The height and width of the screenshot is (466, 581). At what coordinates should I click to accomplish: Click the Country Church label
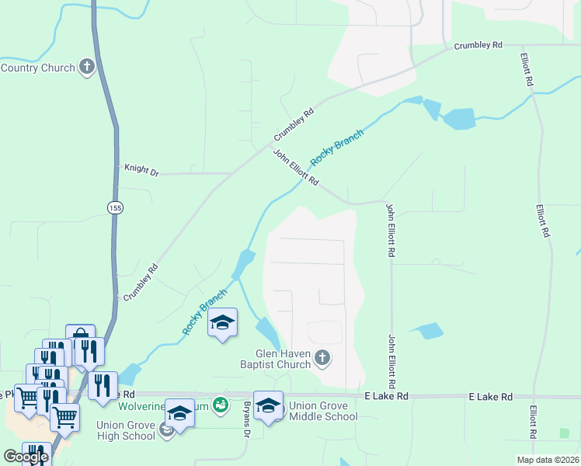pyautogui.click(x=37, y=68)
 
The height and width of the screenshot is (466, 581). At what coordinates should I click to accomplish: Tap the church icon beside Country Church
pyautogui.click(x=86, y=67)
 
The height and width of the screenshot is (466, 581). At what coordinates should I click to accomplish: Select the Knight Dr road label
pyautogui.click(x=141, y=168)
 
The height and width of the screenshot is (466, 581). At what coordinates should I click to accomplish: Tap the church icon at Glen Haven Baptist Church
pyautogui.click(x=322, y=358)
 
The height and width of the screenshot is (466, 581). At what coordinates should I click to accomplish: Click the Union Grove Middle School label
pyautogui.click(x=322, y=411)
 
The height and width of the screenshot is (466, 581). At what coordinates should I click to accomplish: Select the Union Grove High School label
pyautogui.click(x=126, y=429)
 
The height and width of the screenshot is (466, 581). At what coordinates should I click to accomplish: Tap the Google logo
pyautogui.click(x=26, y=457)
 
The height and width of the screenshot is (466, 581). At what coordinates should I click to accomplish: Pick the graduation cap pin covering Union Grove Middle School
pyautogui.click(x=268, y=405)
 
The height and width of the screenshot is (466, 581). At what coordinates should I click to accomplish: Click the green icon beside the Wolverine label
pyautogui.click(x=221, y=405)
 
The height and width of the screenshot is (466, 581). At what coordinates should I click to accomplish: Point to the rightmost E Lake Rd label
pyautogui.click(x=491, y=397)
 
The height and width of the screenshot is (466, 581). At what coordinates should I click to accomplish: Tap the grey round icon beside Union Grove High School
pyautogui.click(x=166, y=429)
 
